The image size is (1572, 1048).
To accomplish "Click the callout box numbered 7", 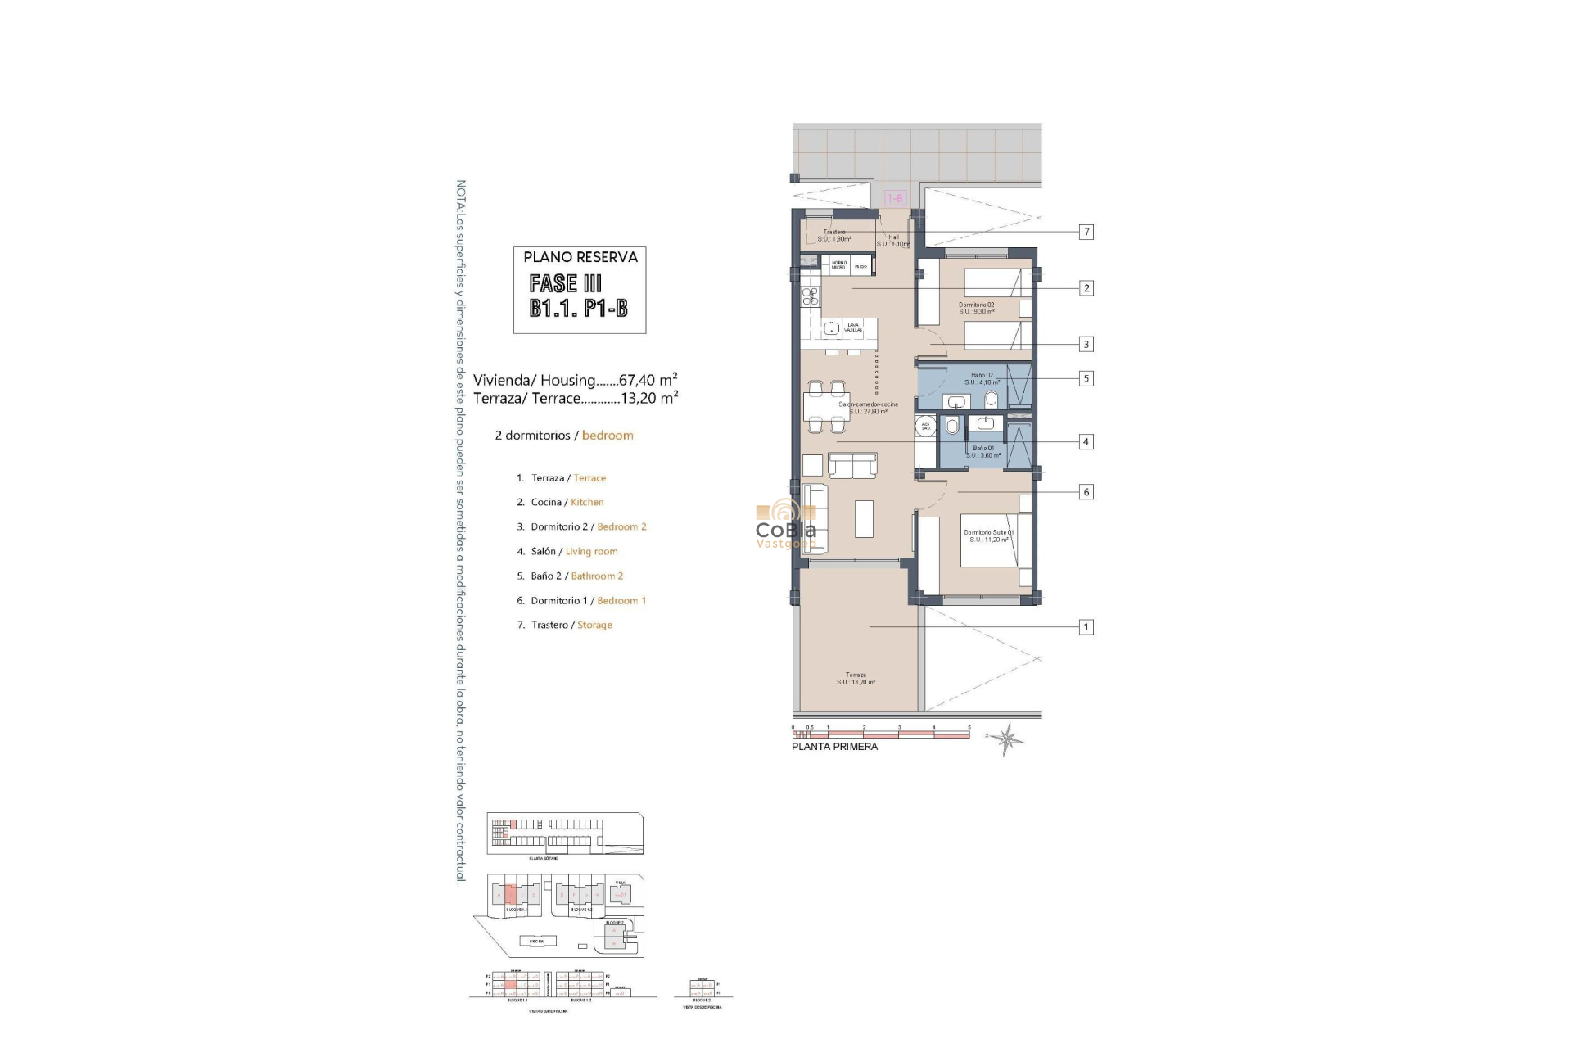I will pyautogui.click(x=1086, y=233).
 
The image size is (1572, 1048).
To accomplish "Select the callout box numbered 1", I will pyautogui.click(x=1086, y=627).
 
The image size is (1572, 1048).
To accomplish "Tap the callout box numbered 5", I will pyautogui.click(x=1086, y=378).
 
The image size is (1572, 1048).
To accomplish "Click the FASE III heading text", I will pyautogui.click(x=566, y=283).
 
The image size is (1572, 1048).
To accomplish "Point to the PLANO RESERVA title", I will pyautogui.click(x=580, y=257).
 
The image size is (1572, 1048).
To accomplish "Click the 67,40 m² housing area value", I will pyautogui.click(x=648, y=380).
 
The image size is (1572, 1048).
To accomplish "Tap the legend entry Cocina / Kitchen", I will pyautogui.click(x=567, y=502).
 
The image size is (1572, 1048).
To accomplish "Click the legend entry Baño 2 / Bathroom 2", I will pyautogui.click(x=576, y=576).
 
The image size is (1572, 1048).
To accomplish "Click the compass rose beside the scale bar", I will pyautogui.click(x=1006, y=738).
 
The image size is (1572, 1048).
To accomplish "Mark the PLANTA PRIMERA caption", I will pyautogui.click(x=834, y=747).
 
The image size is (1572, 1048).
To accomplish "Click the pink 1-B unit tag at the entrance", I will pyautogui.click(x=896, y=198).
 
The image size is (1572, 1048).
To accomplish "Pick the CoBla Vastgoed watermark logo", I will pyautogui.click(x=785, y=525).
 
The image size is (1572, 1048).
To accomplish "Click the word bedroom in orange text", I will pyautogui.click(x=608, y=436).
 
